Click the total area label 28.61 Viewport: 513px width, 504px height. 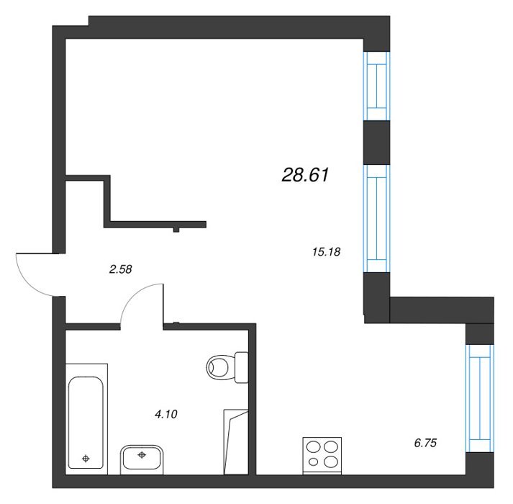305,175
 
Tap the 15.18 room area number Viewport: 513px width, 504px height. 326,252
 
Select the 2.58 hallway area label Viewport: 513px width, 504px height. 121,269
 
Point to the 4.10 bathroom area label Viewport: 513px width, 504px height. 166,414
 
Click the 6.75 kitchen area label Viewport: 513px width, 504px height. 425,443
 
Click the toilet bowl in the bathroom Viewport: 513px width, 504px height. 221,367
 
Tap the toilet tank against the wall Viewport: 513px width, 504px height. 242,367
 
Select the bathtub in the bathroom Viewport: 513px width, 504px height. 86,418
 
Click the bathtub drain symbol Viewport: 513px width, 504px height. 86,459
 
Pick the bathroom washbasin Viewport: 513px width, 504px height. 142,459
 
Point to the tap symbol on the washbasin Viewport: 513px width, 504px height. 142,455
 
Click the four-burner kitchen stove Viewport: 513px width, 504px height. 322,456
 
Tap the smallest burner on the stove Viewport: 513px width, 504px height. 313,462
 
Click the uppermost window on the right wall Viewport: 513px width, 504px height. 376,86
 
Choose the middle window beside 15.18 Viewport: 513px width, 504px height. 376,218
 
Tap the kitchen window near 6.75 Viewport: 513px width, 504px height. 480,399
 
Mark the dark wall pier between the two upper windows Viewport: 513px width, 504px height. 376,143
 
